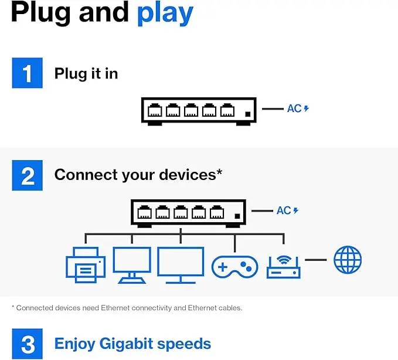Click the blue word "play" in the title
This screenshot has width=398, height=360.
tap(165, 13)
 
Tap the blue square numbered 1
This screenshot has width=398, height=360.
tap(28, 73)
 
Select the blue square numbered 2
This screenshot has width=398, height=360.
tap(28, 175)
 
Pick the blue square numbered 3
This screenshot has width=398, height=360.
tap(28, 344)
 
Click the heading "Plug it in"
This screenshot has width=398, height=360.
tap(86, 74)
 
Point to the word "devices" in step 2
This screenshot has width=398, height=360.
tap(188, 175)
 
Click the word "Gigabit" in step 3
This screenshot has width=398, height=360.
tap(126, 344)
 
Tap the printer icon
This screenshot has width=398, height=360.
tap(86, 265)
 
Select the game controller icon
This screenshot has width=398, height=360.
tap(235, 267)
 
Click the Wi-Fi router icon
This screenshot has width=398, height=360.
tap(284, 267)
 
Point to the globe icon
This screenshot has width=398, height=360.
tap(348, 260)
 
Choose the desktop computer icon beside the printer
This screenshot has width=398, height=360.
tap(132, 265)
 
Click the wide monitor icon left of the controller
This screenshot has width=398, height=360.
tap(181, 265)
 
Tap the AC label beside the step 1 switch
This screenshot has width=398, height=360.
tap(298, 108)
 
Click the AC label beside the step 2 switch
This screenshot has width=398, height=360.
tap(287, 210)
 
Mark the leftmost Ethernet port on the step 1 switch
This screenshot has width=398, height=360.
tap(155, 110)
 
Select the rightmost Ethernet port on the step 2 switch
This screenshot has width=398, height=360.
tap(217, 212)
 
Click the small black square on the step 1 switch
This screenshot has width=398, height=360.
tap(248, 114)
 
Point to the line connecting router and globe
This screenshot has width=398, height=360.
tap(315, 260)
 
